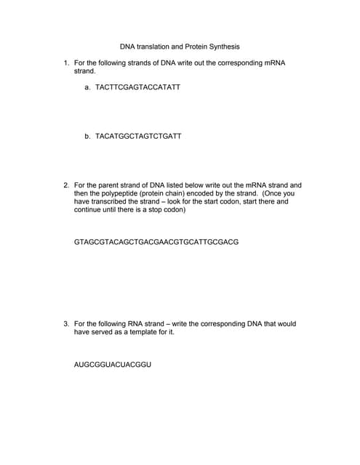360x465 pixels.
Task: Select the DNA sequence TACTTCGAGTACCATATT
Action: [x=137, y=87]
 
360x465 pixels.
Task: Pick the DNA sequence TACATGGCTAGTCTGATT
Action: [x=138, y=136]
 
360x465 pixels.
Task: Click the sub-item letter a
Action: [x=87, y=87]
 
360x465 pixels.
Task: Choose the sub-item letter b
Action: [x=87, y=136]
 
